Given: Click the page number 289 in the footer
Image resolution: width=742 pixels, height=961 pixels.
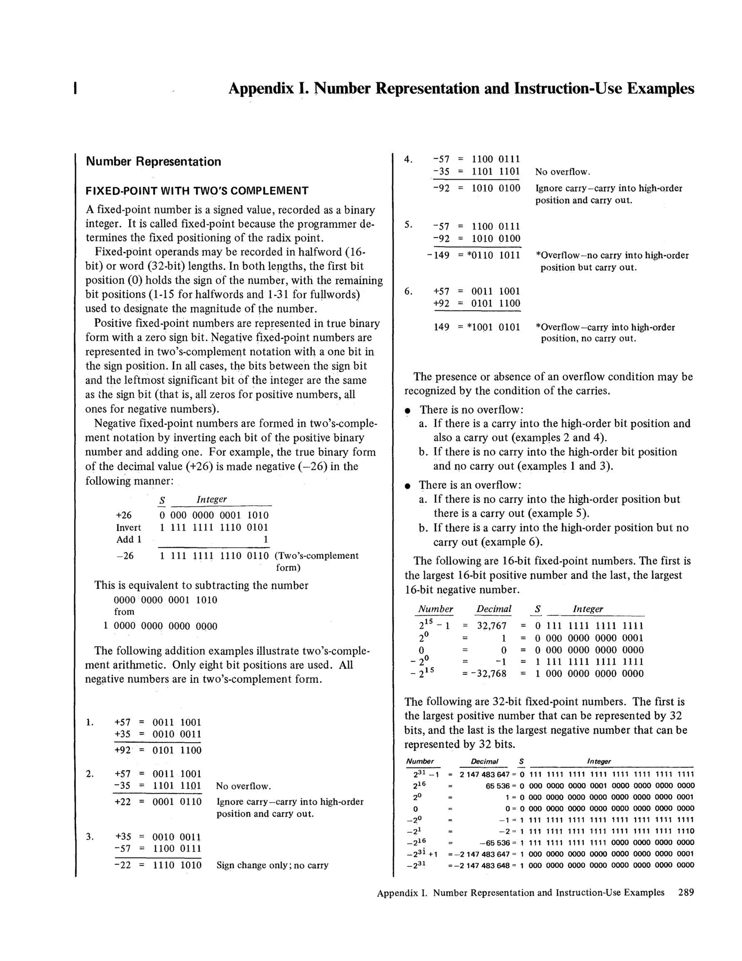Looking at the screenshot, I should pos(686,892).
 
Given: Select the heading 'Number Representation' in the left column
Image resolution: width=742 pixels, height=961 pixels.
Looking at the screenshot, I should pos(153,161).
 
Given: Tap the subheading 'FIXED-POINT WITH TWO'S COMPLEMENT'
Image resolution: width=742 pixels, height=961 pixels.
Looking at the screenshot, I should pos(197,191).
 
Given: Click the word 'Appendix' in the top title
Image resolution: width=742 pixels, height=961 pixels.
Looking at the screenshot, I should pos(261,89).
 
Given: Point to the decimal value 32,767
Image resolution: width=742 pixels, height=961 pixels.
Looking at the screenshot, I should pos(492,626).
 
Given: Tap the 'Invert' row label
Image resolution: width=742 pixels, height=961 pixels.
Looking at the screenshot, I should pos(129,528).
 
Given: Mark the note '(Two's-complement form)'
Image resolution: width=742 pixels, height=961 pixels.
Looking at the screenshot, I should pos(316,561).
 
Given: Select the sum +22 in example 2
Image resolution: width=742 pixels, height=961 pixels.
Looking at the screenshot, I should pos(123,802).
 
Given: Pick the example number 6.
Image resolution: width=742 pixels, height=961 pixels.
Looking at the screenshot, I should pos(408,291).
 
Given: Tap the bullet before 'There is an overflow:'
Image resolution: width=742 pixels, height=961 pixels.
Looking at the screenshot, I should pos(408,486).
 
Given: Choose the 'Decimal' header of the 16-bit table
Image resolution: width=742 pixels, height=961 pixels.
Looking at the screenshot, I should pos(494,609).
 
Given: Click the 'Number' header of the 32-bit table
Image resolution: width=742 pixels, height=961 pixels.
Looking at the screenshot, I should pos(420,762).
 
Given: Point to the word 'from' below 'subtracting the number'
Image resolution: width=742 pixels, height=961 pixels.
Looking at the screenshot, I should pos(124,612).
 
